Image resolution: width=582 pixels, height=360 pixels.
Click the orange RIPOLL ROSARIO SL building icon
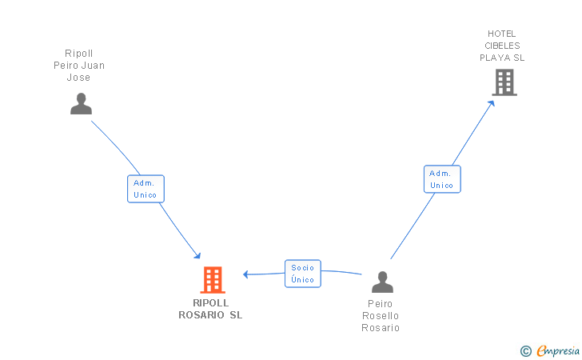(x=213, y=280)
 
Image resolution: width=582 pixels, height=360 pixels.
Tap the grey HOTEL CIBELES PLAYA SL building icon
(x=504, y=82)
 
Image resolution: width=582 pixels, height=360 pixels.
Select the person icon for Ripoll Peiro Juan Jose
(x=81, y=104)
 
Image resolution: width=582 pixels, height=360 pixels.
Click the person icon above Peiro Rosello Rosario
(x=382, y=282)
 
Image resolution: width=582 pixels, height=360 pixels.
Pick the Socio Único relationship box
(x=303, y=274)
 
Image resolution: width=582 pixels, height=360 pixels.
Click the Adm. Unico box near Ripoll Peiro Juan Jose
(x=145, y=189)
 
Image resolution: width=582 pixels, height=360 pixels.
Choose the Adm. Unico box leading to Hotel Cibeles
(x=442, y=179)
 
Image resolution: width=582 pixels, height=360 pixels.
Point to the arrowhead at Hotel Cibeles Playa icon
(x=492, y=103)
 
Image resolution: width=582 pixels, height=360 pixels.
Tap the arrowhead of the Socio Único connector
(x=245, y=274)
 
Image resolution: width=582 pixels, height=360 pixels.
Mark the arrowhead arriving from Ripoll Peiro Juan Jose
(x=197, y=256)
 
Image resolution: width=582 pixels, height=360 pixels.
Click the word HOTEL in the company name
(x=502, y=34)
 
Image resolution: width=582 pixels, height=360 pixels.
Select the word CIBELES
(x=502, y=46)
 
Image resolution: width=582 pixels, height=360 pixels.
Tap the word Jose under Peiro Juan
(x=78, y=78)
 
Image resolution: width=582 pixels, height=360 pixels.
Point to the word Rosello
(x=381, y=316)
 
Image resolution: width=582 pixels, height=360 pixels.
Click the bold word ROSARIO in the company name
(x=201, y=315)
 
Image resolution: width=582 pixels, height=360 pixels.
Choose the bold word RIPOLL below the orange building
(x=210, y=302)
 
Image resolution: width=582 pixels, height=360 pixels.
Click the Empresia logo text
(x=558, y=350)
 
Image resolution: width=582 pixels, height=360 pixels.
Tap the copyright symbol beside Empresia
(x=526, y=351)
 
